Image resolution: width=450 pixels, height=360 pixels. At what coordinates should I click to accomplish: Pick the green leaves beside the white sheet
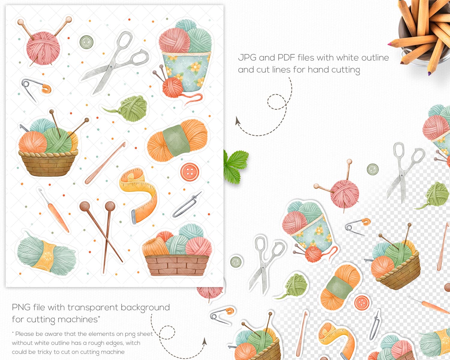(235, 166)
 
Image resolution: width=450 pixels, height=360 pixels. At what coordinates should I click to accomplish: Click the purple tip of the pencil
(429, 73)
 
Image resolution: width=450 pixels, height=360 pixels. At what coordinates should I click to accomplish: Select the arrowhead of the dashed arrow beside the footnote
(205, 341)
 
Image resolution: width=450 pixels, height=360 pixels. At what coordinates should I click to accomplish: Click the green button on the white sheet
(86, 42)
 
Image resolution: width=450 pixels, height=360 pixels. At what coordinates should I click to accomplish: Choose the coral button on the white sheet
(190, 172)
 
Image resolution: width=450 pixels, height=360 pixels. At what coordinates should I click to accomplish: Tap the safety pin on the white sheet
(35, 89)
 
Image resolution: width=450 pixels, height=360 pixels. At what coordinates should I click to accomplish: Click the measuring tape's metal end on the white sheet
(134, 217)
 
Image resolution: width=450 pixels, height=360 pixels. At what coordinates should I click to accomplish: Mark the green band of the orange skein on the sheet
(176, 141)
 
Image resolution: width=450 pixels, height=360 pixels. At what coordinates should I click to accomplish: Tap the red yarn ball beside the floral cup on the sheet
(173, 87)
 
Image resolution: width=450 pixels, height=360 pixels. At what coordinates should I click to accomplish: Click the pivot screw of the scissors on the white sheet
(111, 67)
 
